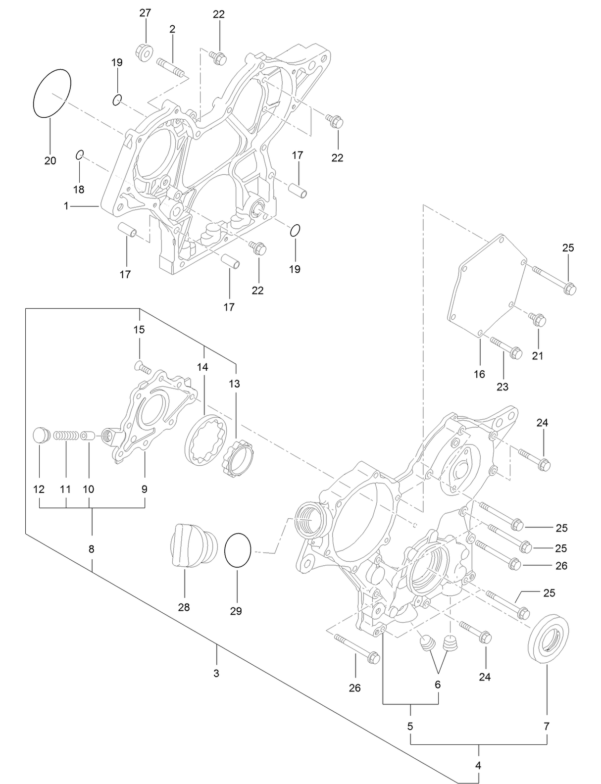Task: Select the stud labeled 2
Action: coord(171,68)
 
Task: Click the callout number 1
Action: coord(66,206)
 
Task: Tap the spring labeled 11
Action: coord(66,436)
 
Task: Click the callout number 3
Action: coord(216,674)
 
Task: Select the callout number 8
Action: coord(92,549)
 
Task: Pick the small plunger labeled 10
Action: coord(88,436)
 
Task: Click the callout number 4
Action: coord(478,766)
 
